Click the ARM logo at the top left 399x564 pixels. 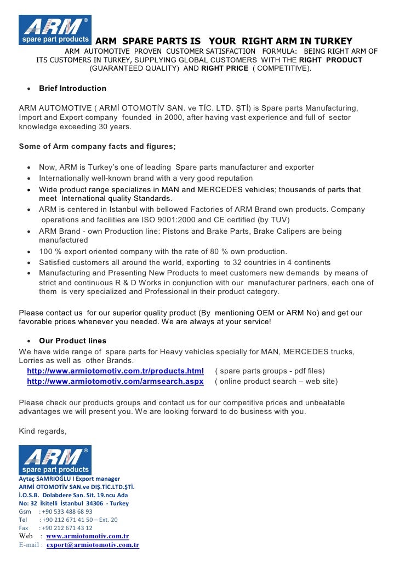[x=55, y=30]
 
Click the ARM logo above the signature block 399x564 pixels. [x=55, y=460]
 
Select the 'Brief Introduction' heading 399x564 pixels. [x=72, y=88]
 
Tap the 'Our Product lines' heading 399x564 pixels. [x=72, y=341]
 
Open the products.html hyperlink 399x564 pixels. [x=115, y=371]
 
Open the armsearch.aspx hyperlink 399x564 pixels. [x=115, y=381]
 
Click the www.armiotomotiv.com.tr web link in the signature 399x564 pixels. [x=88, y=536]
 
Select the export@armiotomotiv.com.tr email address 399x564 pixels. [x=93, y=545]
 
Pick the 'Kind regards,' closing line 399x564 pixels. [x=43, y=431]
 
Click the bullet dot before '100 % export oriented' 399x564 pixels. [x=28, y=252]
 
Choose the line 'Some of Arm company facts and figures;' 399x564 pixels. [x=97, y=147]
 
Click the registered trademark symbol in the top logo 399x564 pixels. [x=85, y=20]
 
